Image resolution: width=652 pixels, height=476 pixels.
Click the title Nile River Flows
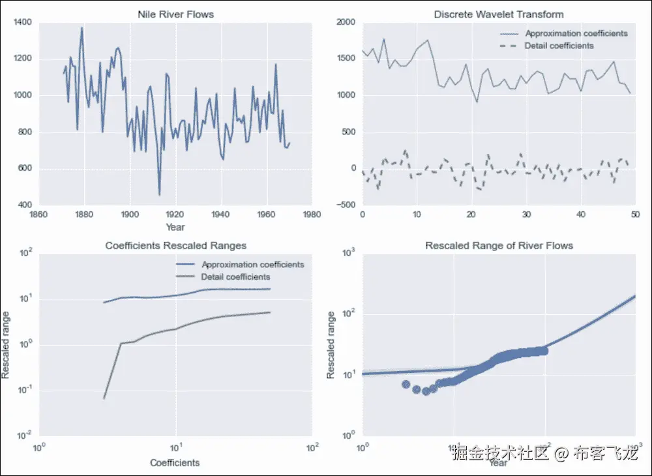click(175, 14)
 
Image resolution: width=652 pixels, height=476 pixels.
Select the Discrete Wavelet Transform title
click(499, 14)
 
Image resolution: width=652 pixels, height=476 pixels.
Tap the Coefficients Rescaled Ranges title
click(175, 246)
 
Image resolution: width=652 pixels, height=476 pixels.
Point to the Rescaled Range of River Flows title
click(499, 246)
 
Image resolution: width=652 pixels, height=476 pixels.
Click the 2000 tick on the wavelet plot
click(346, 23)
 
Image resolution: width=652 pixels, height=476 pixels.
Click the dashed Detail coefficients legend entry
click(559, 46)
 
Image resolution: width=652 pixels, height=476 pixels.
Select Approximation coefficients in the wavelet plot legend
click(576, 33)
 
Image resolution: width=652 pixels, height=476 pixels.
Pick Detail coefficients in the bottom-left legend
click(236, 277)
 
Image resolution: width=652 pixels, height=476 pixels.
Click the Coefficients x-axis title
click(175, 463)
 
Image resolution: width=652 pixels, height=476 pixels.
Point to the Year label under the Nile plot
click(175, 228)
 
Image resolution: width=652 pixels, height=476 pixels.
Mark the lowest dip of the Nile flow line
click(159, 194)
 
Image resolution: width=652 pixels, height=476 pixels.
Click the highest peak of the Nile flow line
click(81, 28)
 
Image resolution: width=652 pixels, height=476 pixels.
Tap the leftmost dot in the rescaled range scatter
click(406, 385)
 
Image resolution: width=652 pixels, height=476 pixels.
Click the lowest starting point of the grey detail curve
click(104, 398)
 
